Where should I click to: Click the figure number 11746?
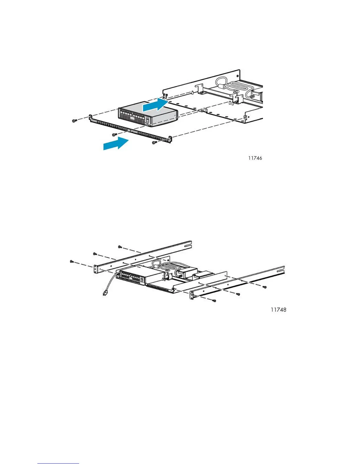tap(255, 158)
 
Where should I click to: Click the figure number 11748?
tap(278, 310)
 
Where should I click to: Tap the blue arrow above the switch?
tap(155, 105)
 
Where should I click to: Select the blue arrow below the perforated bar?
tap(116, 144)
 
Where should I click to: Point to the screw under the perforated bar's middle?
tap(114, 135)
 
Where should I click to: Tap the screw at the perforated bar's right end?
tap(154, 143)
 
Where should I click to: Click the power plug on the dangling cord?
tap(104, 293)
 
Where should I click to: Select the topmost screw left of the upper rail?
tap(120, 247)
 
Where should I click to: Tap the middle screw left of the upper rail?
tap(95, 254)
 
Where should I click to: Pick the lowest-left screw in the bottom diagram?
tap(71, 261)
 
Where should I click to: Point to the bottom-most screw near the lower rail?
tap(214, 301)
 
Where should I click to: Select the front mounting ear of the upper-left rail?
tap(96, 269)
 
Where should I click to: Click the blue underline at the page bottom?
tap(58, 464)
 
